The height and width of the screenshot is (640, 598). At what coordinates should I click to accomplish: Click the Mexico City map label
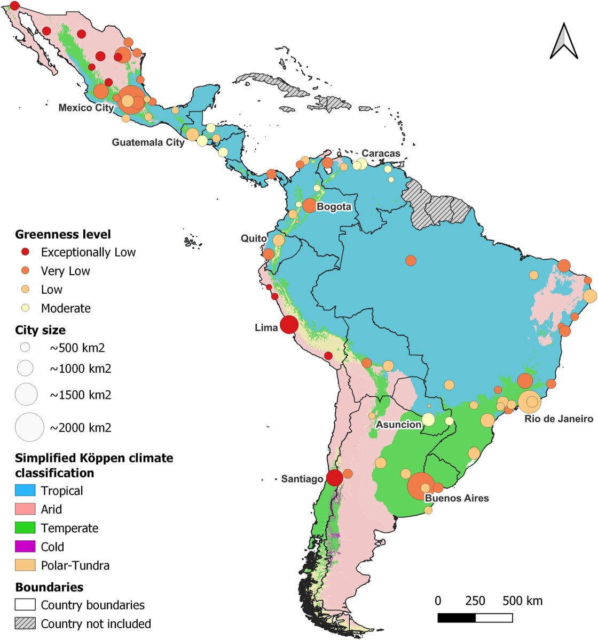tap(86, 108)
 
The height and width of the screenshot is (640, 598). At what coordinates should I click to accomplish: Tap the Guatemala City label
tap(148, 142)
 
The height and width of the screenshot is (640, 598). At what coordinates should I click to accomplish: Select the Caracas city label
tap(381, 153)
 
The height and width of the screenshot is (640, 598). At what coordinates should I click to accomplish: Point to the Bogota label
tap(334, 206)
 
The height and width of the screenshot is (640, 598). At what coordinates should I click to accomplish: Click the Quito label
tap(253, 238)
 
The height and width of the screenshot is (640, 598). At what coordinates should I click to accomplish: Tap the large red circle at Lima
tap(289, 324)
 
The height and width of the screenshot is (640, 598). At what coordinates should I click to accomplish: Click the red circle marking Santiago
tap(334, 477)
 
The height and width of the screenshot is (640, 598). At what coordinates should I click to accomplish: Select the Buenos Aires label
tap(457, 498)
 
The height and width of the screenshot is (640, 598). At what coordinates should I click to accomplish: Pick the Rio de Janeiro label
tap(558, 419)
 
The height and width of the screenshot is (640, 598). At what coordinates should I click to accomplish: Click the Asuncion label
tap(398, 425)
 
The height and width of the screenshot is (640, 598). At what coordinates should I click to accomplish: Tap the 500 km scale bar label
tap(522, 601)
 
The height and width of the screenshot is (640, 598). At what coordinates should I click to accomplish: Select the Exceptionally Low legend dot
tap(25, 252)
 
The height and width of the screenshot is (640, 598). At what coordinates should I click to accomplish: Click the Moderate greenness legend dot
tap(25, 308)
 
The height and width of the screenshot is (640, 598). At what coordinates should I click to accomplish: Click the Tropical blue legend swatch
tap(25, 491)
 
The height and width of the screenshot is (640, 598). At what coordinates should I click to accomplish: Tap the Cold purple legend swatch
tap(25, 547)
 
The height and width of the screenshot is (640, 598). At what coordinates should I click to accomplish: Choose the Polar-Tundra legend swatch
tap(25, 565)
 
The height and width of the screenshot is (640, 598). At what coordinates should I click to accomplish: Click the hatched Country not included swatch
tap(25, 623)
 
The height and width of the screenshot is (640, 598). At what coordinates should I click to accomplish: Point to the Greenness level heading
tap(63, 234)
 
